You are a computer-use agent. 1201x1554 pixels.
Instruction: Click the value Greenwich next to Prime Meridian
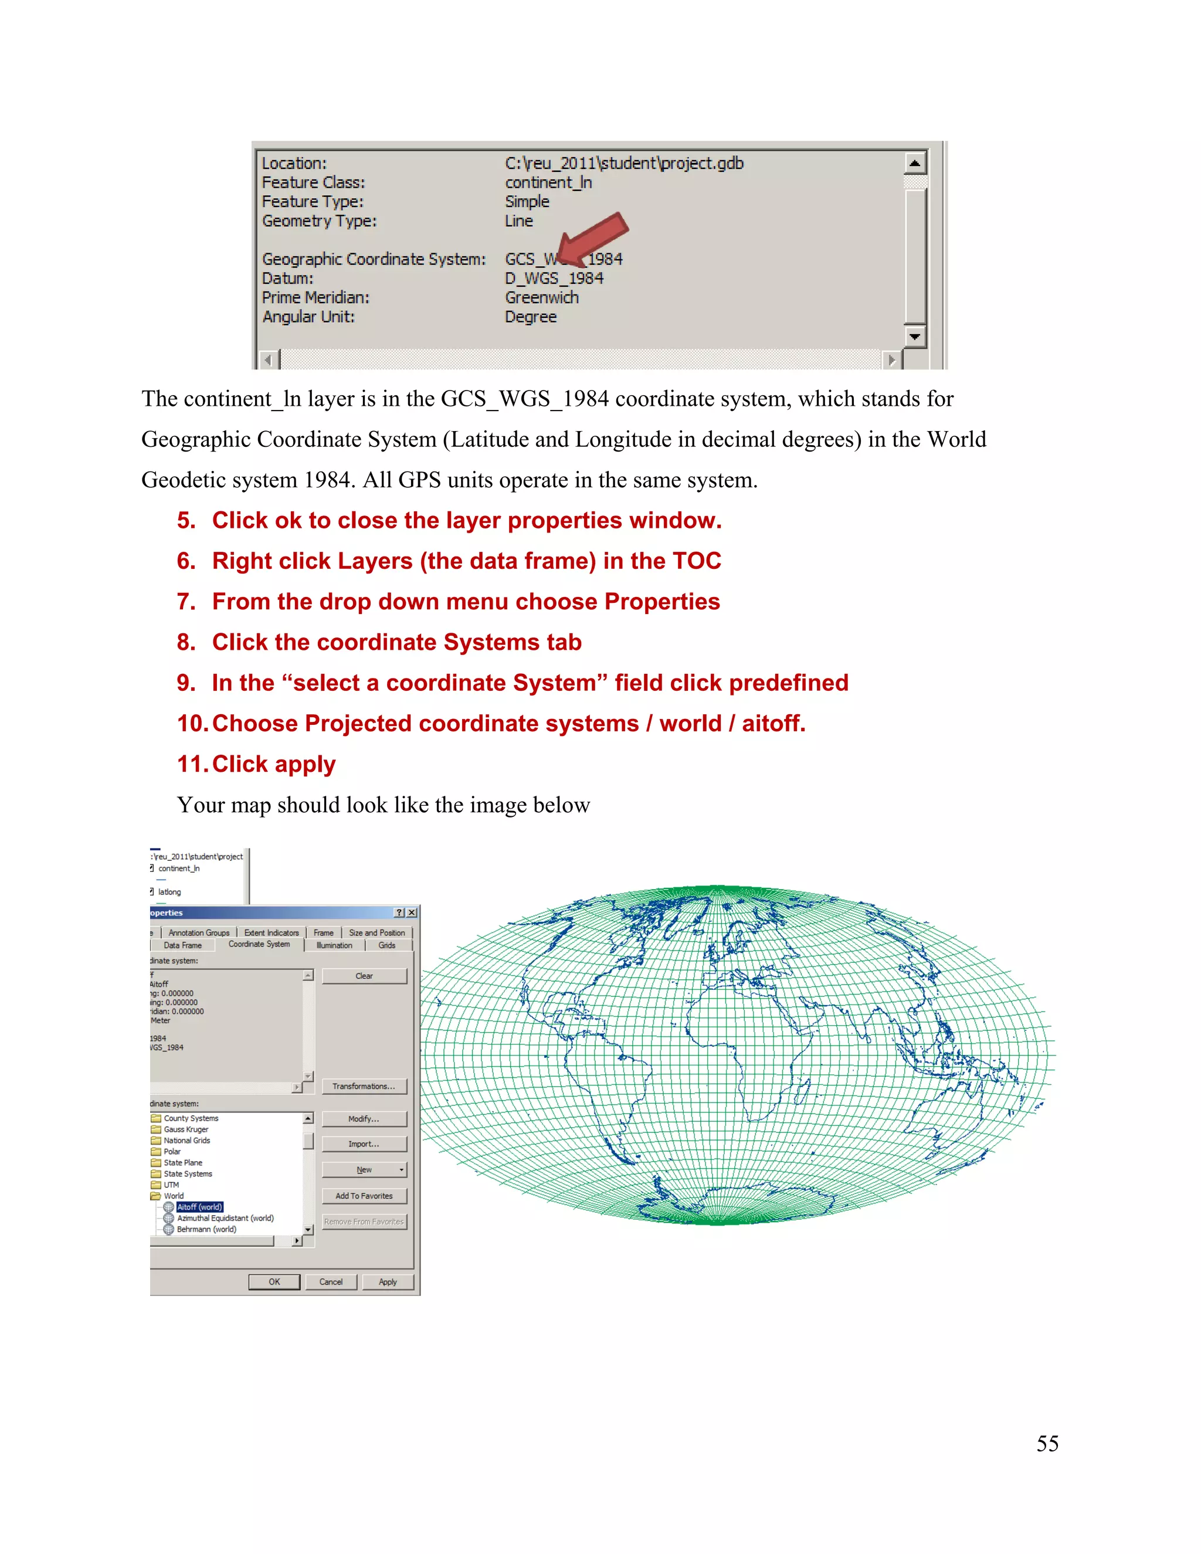pos(541,297)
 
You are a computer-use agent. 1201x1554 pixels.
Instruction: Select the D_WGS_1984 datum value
pos(554,278)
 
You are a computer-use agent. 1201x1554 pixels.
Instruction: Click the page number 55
pos(1047,1443)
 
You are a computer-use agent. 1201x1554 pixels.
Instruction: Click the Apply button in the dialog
pos(388,1281)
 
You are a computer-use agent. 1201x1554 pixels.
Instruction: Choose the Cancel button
pos(331,1281)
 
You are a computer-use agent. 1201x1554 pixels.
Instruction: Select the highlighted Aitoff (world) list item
pos(200,1207)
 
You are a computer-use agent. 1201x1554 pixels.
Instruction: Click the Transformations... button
pos(364,1086)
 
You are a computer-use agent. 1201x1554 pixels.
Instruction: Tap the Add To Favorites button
pos(364,1195)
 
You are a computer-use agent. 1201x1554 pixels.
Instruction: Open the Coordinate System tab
pos(259,944)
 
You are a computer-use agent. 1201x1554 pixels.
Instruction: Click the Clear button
pos(364,976)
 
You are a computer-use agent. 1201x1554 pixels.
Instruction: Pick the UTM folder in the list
pos(171,1185)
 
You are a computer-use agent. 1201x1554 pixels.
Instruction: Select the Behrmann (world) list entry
pos(206,1229)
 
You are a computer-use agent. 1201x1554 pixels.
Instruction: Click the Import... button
pos(364,1144)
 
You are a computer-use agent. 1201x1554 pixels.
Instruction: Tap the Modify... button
pos(364,1118)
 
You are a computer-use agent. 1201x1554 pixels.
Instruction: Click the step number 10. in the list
pos(192,723)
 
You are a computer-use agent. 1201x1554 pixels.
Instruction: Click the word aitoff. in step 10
pos(773,723)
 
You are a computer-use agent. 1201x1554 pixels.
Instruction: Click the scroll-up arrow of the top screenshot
pos(915,164)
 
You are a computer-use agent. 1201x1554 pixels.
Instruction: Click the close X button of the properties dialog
pos(412,912)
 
